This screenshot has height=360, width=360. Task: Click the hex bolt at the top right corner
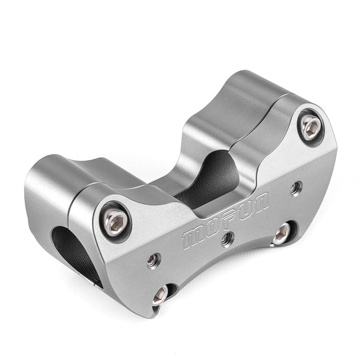(x=310, y=127)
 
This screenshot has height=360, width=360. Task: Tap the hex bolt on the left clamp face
(x=115, y=222)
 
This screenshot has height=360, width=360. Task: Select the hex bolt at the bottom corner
(x=161, y=295)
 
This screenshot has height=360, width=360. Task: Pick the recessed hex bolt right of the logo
(x=282, y=233)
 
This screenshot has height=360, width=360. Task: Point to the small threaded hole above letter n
(x=296, y=188)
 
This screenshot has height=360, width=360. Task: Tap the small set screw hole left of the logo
(x=153, y=260)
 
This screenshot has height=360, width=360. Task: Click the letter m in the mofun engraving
(x=194, y=238)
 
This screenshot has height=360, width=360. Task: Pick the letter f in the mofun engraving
(x=228, y=219)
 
